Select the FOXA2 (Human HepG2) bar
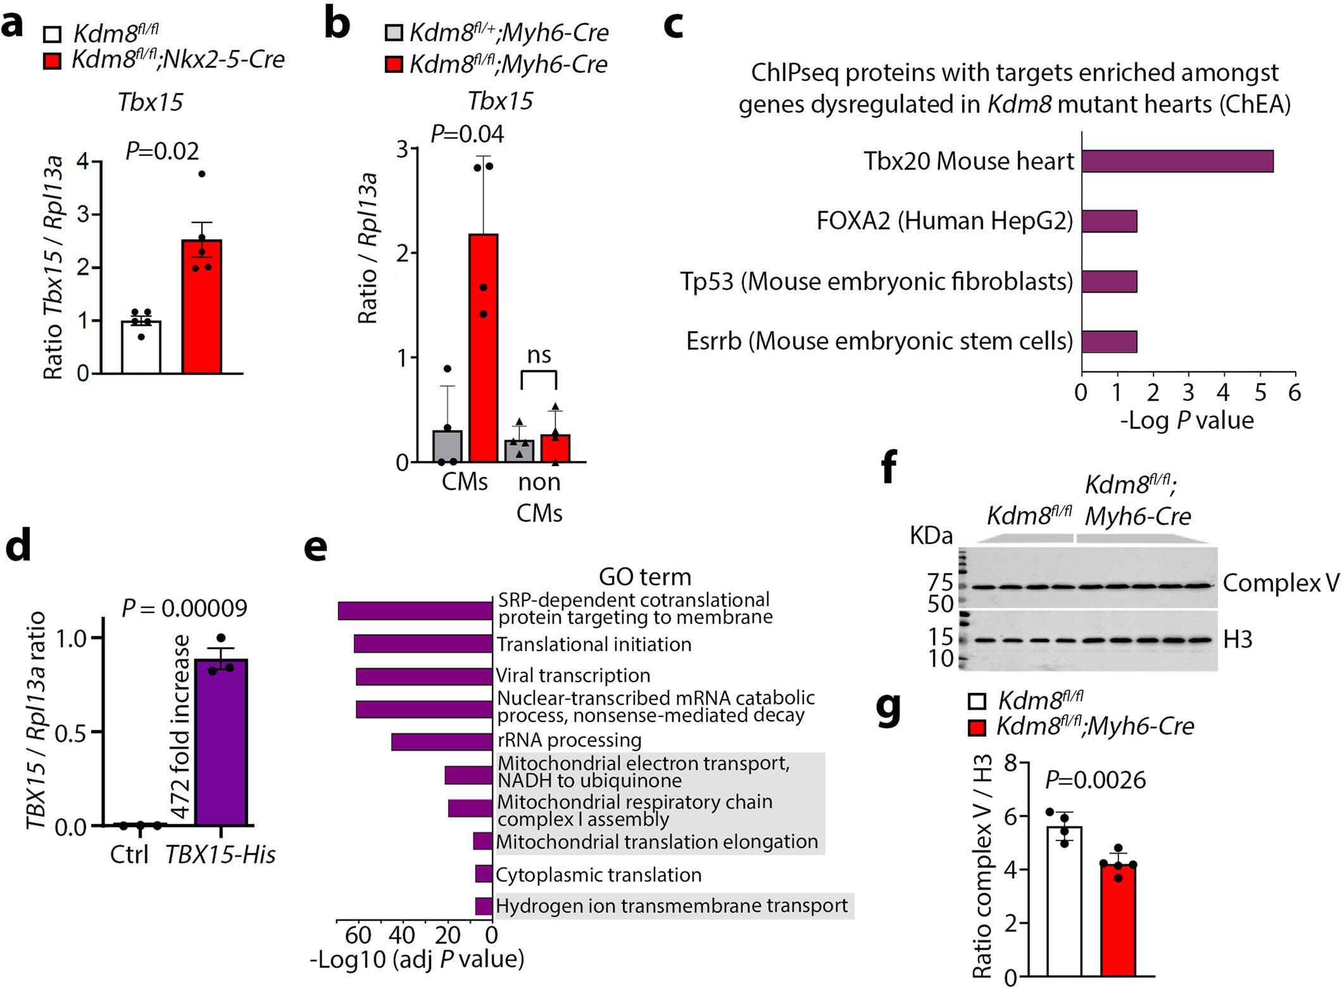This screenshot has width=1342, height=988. [x=1108, y=221]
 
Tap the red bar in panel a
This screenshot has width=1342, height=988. [x=201, y=307]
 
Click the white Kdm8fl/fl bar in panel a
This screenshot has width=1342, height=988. [x=141, y=347]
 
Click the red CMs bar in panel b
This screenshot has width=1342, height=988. [x=483, y=348]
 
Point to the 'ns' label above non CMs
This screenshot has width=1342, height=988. [x=539, y=355]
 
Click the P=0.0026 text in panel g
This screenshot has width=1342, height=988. [x=1095, y=780]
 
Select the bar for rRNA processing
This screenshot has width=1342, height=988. [x=441, y=742]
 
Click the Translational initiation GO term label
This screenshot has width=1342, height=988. [x=594, y=644]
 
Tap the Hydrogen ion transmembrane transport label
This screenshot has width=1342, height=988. [x=672, y=906]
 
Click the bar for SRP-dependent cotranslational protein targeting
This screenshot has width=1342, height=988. [x=415, y=611]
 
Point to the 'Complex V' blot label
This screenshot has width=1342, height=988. [x=1280, y=583]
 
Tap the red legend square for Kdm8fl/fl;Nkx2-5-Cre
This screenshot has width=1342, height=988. [x=53, y=61]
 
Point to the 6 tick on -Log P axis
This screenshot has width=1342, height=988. [x=1295, y=393]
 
